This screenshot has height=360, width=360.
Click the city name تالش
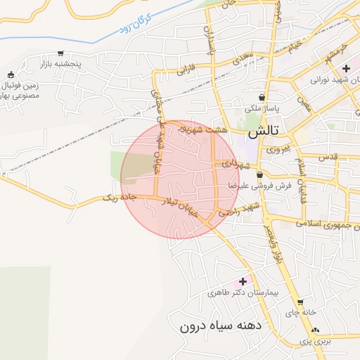point(264,131)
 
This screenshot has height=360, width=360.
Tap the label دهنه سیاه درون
point(220,326)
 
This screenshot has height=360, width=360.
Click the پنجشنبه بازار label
point(79,64)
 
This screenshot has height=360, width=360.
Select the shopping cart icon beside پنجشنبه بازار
point(61,53)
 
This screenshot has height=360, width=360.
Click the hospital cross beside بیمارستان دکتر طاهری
point(244,281)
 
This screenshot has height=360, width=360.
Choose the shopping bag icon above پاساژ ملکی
point(262,98)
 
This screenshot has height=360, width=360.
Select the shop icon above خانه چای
point(300,303)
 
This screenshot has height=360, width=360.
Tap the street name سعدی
point(244,53)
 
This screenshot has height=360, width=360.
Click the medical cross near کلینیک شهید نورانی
point(346,68)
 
